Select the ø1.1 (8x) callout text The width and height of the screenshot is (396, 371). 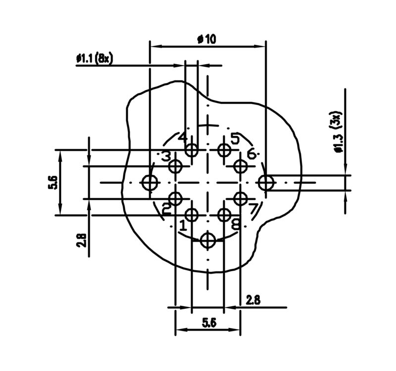pos(95,59)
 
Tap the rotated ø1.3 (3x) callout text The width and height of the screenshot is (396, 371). pos(338,133)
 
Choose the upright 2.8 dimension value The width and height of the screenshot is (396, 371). pos(253,300)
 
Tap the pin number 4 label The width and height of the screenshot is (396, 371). pos(183,137)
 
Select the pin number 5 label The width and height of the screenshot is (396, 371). pos(235,139)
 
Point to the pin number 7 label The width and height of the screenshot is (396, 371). pos(253,209)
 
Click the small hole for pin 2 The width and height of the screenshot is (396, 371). pos(176,199)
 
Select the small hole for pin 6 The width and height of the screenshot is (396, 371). pos(241,166)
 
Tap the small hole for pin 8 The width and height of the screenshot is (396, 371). pos(224,214)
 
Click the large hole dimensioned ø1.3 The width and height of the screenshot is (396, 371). pos(266,183)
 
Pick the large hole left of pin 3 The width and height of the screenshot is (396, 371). pos(149,183)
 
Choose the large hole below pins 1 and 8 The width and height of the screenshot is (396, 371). pos(208,241)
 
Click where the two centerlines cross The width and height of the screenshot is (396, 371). pos(208,183)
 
